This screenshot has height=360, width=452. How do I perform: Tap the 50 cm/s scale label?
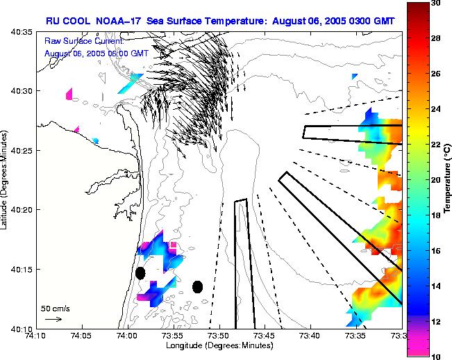pyautogui.click(x=55, y=308)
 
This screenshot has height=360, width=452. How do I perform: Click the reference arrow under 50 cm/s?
pyautogui.click(x=53, y=319)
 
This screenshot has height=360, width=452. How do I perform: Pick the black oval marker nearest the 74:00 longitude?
pyautogui.click(x=140, y=273)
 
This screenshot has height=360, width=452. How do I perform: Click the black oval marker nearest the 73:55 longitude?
pyautogui.click(x=197, y=286)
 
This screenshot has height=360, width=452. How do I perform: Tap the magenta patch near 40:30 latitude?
pyautogui.click(x=69, y=94)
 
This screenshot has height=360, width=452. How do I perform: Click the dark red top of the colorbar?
pyautogui.click(x=416, y=8)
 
